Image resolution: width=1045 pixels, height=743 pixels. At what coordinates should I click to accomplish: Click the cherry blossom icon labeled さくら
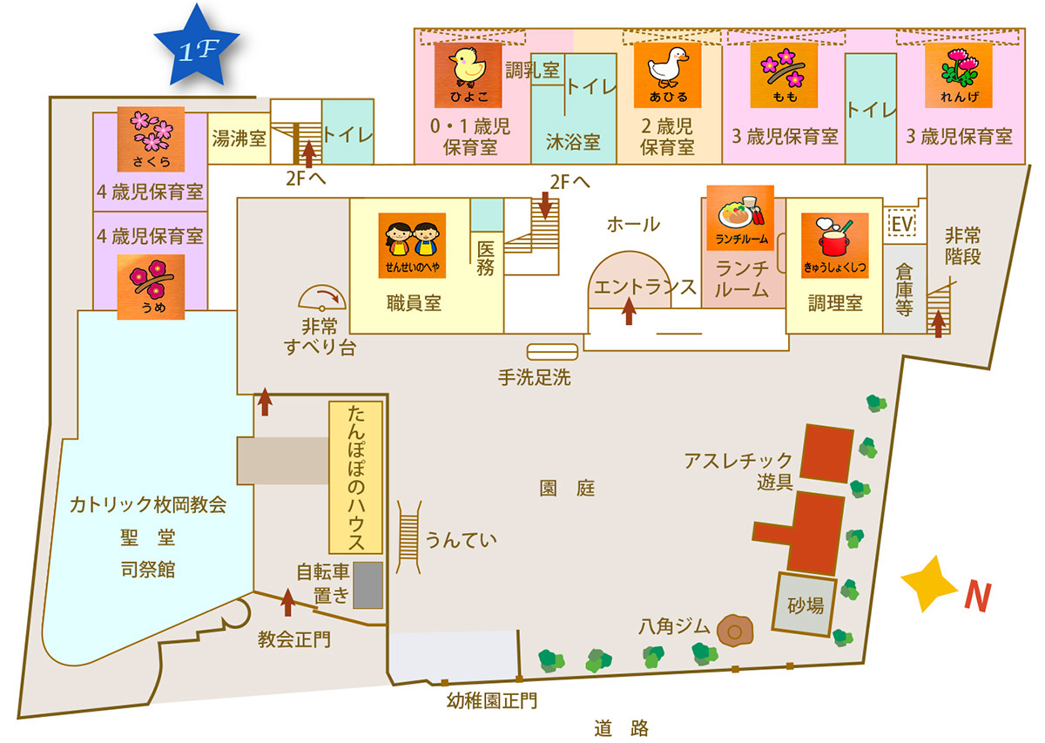tap(151, 138)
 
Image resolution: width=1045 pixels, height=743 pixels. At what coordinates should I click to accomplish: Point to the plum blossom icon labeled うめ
tap(151, 286)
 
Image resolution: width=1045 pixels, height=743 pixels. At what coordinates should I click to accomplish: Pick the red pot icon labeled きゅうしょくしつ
tap(833, 245)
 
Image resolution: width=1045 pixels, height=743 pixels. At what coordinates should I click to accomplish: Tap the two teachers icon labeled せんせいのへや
tap(412, 245)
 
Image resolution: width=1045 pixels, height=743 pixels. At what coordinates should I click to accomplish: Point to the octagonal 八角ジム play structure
tap(735, 629)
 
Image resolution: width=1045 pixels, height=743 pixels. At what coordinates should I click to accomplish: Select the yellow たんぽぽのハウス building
tap(355, 477)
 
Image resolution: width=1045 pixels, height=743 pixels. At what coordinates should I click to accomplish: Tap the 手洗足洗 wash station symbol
tap(552, 352)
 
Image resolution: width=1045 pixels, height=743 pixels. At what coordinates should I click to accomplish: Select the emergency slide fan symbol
tap(322, 298)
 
